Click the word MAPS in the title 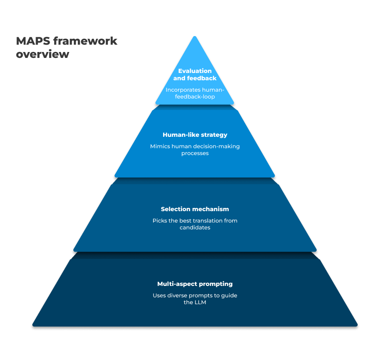32,41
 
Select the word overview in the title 42,54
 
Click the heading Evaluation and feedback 195,74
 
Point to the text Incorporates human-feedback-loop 195,93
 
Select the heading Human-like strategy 195,135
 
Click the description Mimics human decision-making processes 195,150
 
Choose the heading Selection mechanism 195,209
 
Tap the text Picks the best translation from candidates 195,224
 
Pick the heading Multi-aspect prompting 195,284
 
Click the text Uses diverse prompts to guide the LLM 195,299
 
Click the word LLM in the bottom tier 200,302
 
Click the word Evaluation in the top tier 195,71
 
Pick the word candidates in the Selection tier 195,228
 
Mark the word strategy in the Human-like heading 214,135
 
